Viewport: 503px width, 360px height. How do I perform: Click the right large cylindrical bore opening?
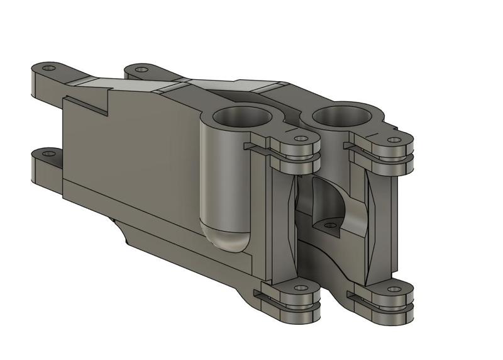343,115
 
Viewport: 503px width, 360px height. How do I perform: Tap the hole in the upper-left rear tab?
50,68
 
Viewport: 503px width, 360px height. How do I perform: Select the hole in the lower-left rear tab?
49,153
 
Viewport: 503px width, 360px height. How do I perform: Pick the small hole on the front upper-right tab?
394,140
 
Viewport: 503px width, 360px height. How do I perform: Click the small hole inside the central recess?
329,224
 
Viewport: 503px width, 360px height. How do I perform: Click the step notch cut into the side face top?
88,103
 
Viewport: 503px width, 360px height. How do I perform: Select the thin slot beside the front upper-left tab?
257,147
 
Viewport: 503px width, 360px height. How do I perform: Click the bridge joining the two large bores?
292,117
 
